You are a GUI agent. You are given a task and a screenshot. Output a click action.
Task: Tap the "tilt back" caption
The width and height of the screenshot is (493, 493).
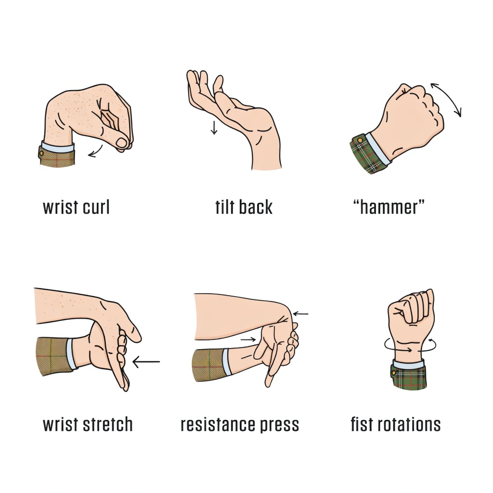[244, 208]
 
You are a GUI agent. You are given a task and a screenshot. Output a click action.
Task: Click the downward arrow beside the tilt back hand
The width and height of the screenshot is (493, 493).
[214, 128]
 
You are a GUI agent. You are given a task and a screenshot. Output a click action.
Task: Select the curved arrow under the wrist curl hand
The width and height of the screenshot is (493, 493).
[96, 150]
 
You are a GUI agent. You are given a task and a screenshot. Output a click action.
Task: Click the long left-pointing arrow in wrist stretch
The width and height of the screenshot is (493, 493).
[146, 361]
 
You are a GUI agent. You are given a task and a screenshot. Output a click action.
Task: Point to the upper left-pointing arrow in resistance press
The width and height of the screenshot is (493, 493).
[300, 314]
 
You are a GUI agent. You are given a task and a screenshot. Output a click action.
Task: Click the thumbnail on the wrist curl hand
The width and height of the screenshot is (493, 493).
[122, 142]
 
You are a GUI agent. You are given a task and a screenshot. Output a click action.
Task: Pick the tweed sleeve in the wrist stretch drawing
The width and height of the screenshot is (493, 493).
[52, 357]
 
